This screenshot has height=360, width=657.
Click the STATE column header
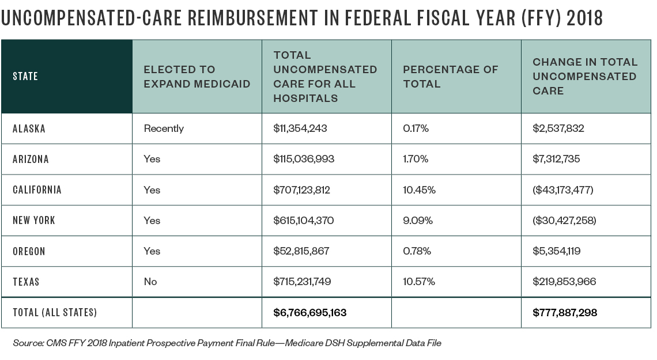[x=25, y=77]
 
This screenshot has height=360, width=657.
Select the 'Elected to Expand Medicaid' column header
[x=197, y=77]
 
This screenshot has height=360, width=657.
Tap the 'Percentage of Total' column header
[x=450, y=77]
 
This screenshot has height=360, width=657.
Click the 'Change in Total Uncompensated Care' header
[x=584, y=77]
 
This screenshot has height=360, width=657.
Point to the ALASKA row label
[x=29, y=129]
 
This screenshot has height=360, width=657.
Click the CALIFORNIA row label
[x=37, y=190]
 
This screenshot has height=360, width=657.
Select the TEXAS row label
[x=26, y=282]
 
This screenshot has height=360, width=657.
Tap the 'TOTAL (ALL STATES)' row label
[x=55, y=313]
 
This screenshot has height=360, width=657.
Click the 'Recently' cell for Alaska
[x=164, y=129]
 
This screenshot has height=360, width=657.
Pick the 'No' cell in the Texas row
[x=150, y=282]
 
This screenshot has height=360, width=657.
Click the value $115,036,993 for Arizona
[x=304, y=160]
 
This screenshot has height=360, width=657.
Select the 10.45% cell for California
[x=418, y=190]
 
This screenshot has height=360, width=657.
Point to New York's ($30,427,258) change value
[x=564, y=221]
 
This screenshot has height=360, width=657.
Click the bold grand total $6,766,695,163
[x=310, y=313]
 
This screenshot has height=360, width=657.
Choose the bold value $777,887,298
[x=565, y=313]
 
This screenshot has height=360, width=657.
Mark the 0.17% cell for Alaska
[x=416, y=129]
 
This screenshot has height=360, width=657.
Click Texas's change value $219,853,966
[x=564, y=282]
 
